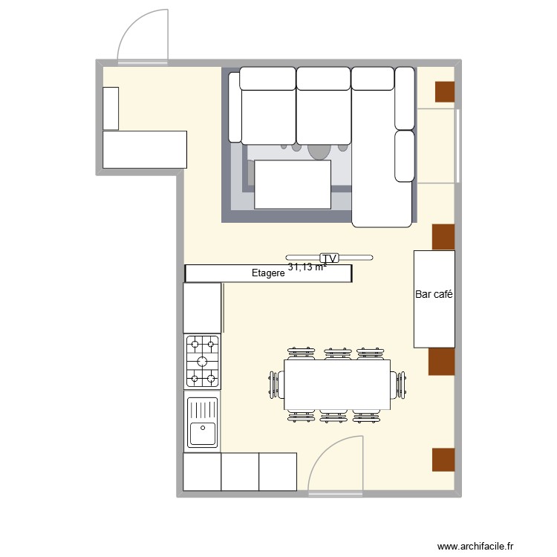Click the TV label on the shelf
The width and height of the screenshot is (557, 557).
[330, 258]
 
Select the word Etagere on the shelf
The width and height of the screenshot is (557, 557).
[268, 274]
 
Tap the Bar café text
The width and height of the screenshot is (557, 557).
[434, 295]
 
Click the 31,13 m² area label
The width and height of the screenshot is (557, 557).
[307, 267]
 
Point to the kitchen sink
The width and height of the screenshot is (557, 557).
[203, 423]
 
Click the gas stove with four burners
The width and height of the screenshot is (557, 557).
[203, 362]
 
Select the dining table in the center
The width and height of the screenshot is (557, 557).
[338, 384]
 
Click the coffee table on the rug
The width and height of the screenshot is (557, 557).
[293, 185]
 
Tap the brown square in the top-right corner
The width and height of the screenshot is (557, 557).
[444, 91]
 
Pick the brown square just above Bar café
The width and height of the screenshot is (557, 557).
[443, 236]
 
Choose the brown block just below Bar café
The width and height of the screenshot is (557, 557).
[440, 362]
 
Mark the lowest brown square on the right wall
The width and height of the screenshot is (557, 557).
[443, 460]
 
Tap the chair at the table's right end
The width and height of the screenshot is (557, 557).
[401, 385]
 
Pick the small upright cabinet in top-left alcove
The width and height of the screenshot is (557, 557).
[111, 108]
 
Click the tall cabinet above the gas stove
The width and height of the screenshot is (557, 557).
[203, 307]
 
